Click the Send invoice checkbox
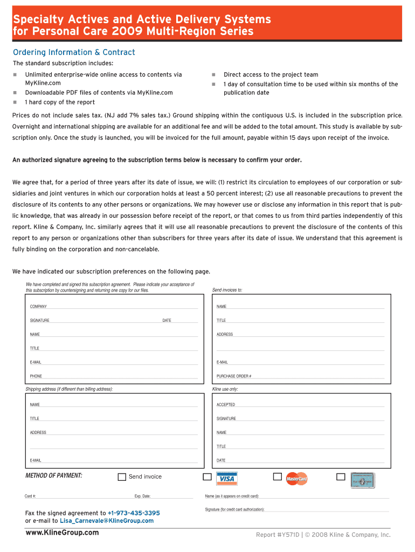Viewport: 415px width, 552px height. [122, 477]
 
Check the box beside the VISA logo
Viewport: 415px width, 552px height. [207, 477]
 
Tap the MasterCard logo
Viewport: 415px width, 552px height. [296, 479]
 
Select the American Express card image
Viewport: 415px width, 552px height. [362, 479]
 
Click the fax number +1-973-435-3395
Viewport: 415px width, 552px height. [134, 513]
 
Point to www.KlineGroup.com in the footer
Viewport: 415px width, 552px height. [62, 533]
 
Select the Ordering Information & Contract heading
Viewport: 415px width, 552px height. [74, 52]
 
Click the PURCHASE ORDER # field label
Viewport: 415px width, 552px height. [234, 376]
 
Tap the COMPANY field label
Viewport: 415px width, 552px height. [38, 307]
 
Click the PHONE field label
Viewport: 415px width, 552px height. [36, 376]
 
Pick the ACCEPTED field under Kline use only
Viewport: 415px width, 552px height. [226, 405]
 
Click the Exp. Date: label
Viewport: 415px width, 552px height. [142, 496]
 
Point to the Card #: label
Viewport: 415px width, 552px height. [30, 496]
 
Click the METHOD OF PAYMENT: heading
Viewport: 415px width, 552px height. [54, 475]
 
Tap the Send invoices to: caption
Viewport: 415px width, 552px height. [227, 290]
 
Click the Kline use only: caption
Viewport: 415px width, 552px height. [225, 389]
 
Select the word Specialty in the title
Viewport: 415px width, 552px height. [37, 20]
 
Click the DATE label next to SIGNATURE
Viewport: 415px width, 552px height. [167, 321]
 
